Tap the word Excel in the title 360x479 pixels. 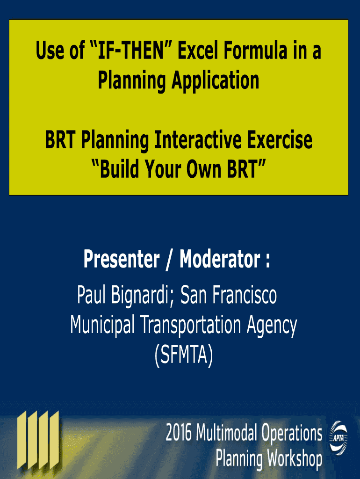(199, 51)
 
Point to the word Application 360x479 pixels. (216, 80)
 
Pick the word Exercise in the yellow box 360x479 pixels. (280, 140)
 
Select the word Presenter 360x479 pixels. (122, 259)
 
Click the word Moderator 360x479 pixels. (220, 259)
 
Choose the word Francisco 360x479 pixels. (244, 295)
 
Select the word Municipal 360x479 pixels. (102, 325)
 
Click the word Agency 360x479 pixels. (272, 326)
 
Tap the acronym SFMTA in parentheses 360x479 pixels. (184, 355)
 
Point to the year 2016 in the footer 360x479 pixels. (179, 432)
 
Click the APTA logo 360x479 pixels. (338, 438)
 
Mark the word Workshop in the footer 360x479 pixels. (295, 458)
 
